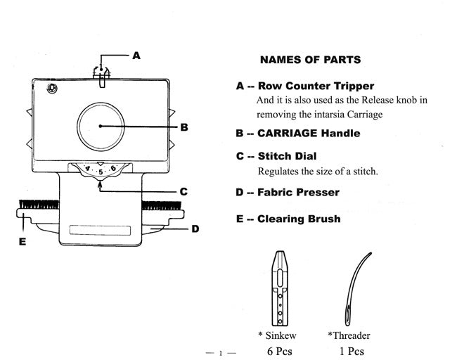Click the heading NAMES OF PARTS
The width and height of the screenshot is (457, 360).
[310, 60]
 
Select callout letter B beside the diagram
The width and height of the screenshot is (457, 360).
[184, 127]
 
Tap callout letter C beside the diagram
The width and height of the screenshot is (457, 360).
[183, 191]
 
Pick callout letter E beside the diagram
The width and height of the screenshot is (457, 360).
[22, 241]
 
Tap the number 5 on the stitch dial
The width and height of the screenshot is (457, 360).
[101, 171]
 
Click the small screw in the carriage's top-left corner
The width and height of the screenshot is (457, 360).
[51, 88]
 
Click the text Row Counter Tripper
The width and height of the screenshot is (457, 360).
[316, 86]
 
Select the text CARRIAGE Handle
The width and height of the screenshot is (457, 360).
[309, 133]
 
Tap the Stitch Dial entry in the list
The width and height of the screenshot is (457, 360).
[287, 156]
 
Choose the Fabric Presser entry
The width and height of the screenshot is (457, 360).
[298, 192]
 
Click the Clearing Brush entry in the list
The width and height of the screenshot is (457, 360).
[299, 219]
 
